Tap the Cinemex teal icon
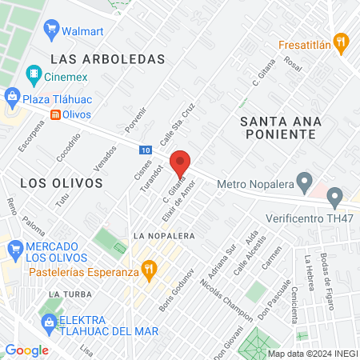pyautogui.click(x=34, y=76)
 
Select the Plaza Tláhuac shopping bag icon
pyautogui.click(x=12, y=98)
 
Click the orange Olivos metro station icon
pyautogui.click(x=54, y=114)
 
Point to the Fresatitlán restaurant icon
pyautogui.click(x=341, y=40)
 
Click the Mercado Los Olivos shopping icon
pyautogui.click(x=14, y=250)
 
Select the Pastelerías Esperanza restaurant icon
pyautogui.click(x=148, y=270)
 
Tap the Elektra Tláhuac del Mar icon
pyautogui.click(x=47, y=322)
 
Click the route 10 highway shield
pyautogui.click(x=145, y=150)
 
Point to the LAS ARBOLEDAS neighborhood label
pyautogui.click(x=106, y=58)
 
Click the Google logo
pyautogui.click(x=26, y=350)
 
